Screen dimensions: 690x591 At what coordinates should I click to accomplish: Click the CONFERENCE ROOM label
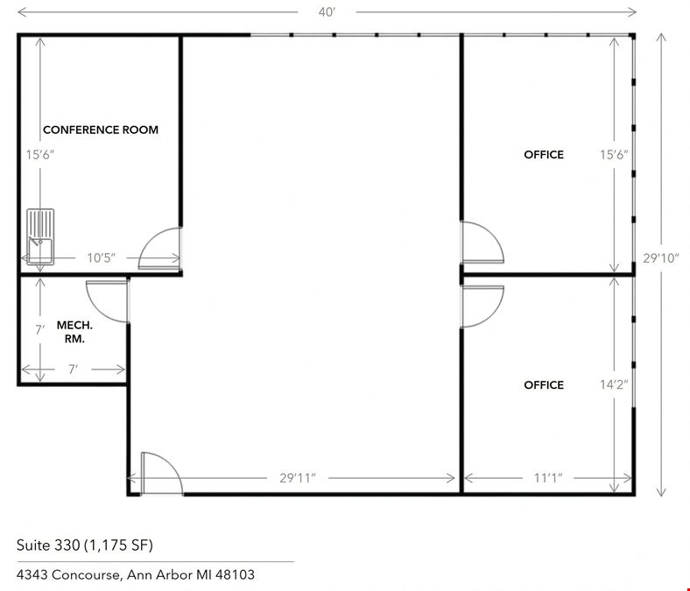[101, 130]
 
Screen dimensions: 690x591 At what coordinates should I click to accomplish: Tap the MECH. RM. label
[74, 332]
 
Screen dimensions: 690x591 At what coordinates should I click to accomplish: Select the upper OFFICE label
[544, 154]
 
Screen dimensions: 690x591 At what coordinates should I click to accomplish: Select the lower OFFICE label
[544, 385]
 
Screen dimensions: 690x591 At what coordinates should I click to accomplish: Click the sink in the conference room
[40, 236]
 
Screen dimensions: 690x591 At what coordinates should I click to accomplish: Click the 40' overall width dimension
[327, 12]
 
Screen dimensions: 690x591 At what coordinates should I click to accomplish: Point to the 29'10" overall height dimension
[661, 258]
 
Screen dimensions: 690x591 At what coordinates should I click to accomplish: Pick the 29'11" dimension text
[298, 478]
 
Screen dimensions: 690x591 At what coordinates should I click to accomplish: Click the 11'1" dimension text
[548, 478]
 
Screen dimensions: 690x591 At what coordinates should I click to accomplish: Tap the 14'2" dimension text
[614, 385]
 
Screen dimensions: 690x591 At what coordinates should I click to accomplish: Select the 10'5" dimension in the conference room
[102, 258]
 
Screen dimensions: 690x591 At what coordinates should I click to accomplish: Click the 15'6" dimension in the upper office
[614, 154]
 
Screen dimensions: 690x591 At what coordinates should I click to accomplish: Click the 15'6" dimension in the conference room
[40, 155]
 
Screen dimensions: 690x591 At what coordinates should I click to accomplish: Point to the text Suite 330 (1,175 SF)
[84, 545]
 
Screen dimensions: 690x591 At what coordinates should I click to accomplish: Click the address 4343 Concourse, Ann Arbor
[136, 574]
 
